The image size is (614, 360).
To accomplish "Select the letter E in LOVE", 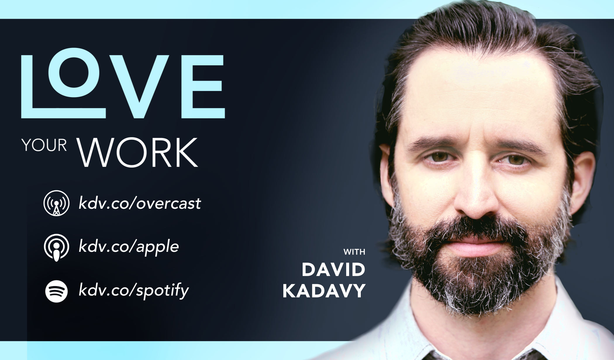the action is (203, 87).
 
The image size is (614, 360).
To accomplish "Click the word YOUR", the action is (44, 145).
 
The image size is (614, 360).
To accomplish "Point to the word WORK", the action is (137, 152).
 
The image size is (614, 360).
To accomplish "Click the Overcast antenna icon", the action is (56, 203).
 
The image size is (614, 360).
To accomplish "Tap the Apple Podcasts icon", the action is (56, 247).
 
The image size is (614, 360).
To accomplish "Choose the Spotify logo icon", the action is (56, 291).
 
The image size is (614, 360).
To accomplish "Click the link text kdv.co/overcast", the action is (140, 203).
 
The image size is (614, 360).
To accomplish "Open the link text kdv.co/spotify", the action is (134, 290).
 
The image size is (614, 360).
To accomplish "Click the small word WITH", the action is (354, 252).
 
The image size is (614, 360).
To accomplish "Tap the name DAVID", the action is (333, 269).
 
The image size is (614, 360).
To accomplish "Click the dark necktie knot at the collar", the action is (436, 356).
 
